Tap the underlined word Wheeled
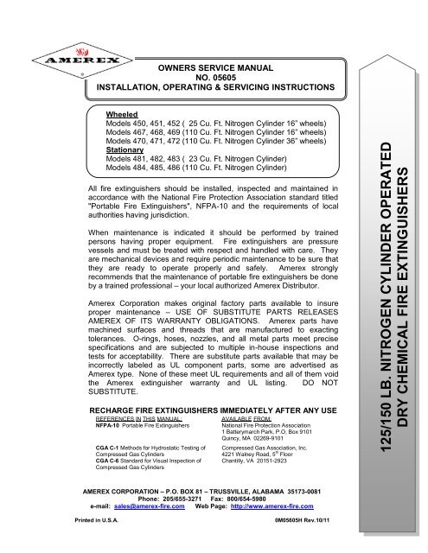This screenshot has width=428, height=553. (x=120, y=114)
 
